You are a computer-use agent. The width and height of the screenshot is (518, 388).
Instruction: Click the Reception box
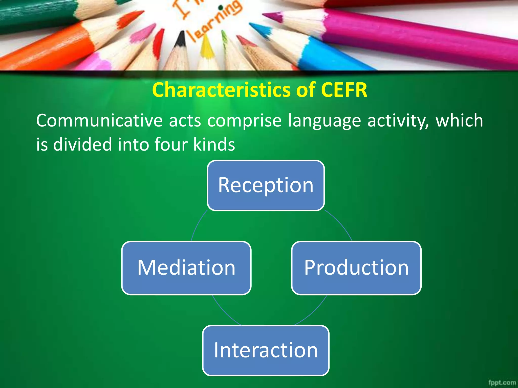click(266, 185)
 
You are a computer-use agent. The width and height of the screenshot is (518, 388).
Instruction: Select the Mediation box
click(186, 268)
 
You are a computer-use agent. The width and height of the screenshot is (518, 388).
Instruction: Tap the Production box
click(356, 268)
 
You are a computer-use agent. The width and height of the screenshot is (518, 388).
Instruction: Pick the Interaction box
click(266, 350)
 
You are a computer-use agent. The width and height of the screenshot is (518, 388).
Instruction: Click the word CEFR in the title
click(344, 90)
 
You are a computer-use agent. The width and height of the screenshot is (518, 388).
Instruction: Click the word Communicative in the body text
click(99, 120)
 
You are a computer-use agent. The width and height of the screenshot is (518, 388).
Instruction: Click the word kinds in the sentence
click(214, 144)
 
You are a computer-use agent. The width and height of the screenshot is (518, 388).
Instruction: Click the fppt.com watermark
click(502, 382)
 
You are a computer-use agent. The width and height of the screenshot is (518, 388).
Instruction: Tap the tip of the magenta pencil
click(266, 16)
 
